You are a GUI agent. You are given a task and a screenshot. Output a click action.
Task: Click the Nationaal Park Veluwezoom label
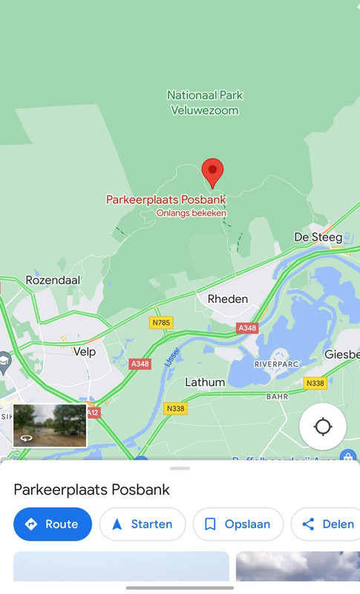(x=205, y=103)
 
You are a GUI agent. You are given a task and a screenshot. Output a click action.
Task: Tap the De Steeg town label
(x=318, y=238)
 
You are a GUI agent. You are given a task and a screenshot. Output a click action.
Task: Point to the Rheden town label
(x=228, y=298)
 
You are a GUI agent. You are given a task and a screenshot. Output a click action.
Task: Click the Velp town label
(x=85, y=352)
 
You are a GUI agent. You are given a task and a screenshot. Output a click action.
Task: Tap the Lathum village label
(x=205, y=382)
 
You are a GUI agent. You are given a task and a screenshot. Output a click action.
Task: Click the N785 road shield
(x=161, y=322)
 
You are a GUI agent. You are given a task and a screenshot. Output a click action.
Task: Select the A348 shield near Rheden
(x=247, y=328)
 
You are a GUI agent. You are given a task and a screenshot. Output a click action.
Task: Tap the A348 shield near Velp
(x=140, y=364)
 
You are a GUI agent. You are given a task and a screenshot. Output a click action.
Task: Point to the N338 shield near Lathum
(x=175, y=408)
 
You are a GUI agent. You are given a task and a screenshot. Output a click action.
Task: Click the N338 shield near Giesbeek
(x=315, y=383)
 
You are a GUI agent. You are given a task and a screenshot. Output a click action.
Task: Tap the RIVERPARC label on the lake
(x=275, y=365)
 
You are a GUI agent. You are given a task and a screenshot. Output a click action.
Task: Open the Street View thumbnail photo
(x=50, y=425)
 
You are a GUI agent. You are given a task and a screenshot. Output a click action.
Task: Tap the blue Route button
(x=53, y=524)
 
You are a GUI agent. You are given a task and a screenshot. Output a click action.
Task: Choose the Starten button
(x=143, y=524)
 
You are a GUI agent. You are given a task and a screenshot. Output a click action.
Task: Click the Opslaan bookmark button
(x=238, y=524)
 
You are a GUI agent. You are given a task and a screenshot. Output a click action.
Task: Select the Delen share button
(x=327, y=524)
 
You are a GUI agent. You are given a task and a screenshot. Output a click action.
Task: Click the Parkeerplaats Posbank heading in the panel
(x=92, y=489)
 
